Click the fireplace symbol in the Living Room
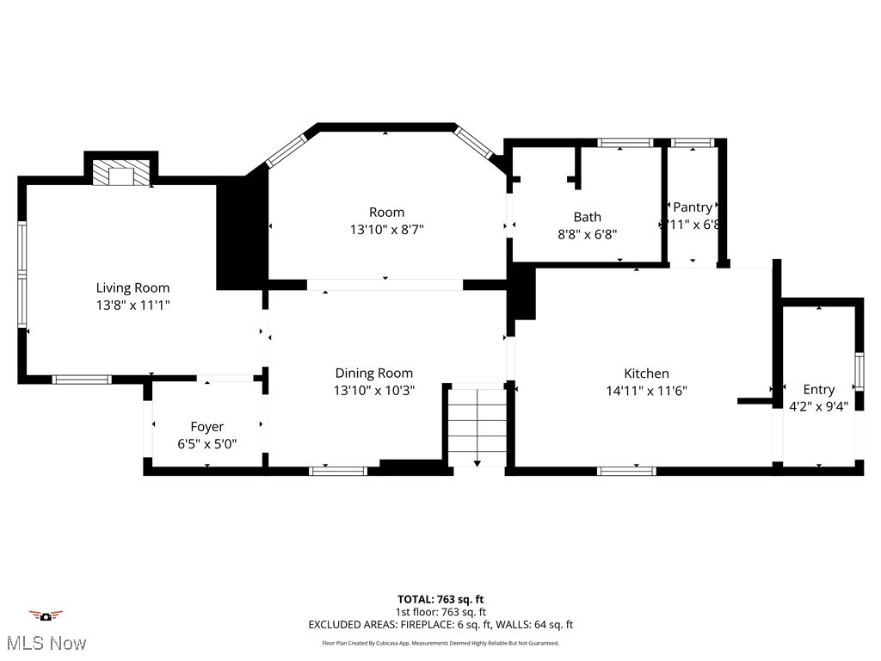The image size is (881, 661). point(121,175)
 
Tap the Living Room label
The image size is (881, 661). point(132,287)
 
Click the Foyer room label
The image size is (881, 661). point(206,427)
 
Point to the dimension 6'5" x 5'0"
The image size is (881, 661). point(206,443)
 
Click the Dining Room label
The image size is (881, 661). point(374,373)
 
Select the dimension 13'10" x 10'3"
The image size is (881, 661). point(374,389)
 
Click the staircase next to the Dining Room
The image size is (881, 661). point(477,425)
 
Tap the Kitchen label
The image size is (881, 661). point(646,373)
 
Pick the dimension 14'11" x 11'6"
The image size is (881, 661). point(646,389)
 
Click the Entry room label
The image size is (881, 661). point(818,389)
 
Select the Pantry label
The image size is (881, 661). point(693,207)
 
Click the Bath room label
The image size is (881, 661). point(588,217)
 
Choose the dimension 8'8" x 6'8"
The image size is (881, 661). point(588,233)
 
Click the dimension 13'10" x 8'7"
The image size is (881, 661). point(386,229)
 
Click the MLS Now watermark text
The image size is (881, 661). point(46,642)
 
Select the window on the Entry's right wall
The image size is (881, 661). point(858,371)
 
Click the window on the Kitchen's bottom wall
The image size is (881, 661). point(626,471)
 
